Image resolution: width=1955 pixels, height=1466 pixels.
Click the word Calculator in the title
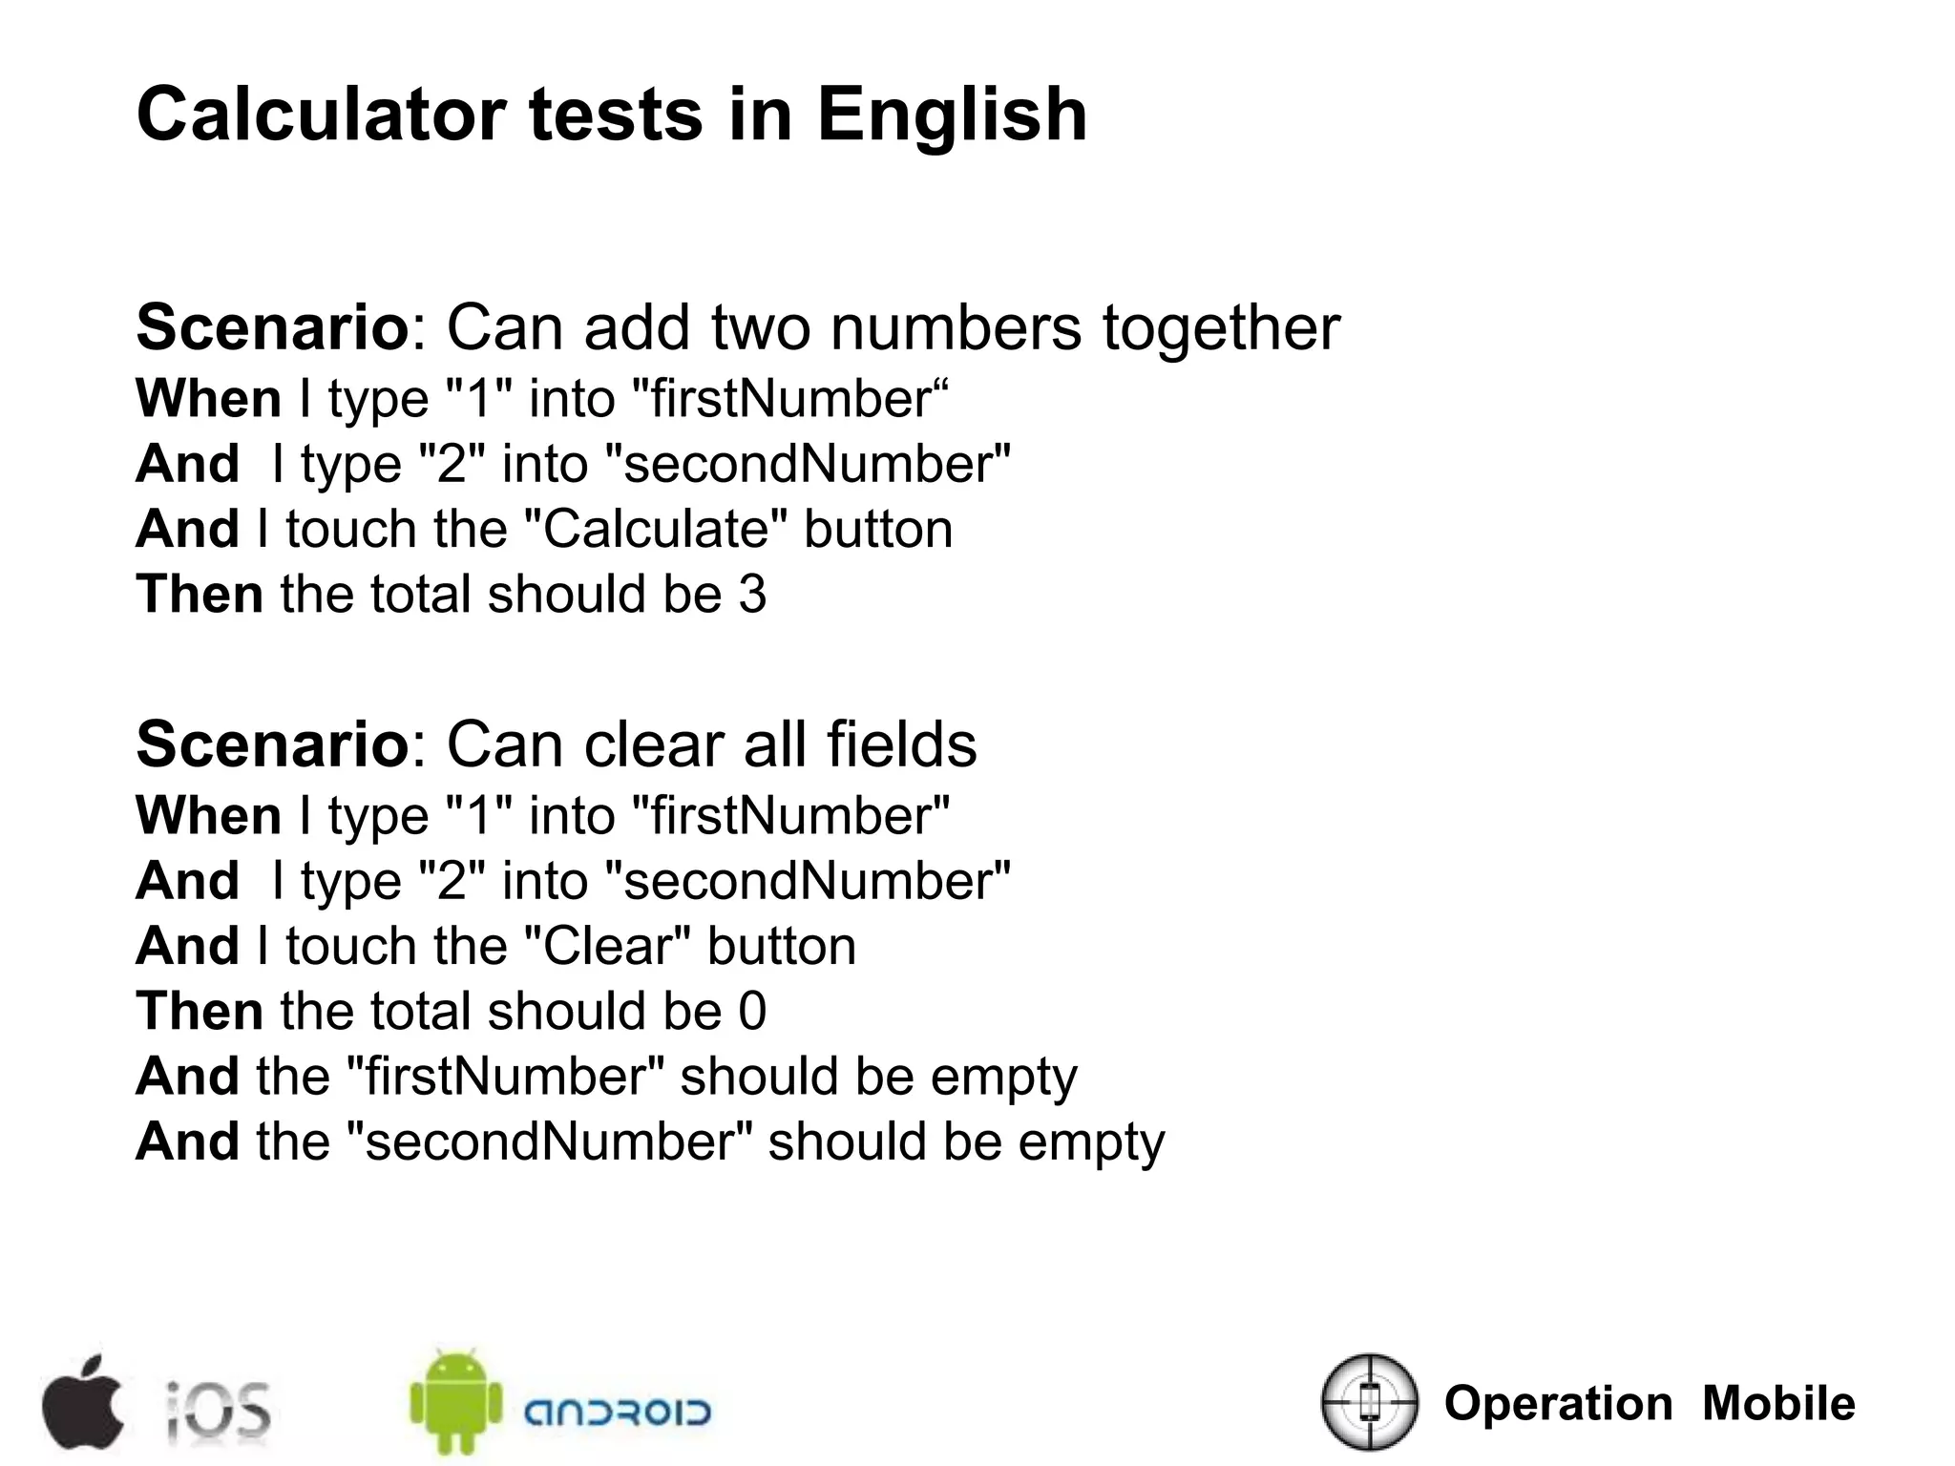coord(321,115)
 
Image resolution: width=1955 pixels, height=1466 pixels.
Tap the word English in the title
coord(952,116)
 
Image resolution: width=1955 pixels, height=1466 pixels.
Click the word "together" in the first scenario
coord(1221,328)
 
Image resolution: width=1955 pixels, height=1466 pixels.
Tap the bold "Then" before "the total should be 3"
coord(200,595)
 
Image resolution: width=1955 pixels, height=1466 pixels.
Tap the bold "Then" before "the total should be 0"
coord(200,1012)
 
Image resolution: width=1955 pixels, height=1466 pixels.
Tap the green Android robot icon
coord(455,1401)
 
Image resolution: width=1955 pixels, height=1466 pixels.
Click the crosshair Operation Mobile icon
coord(1370,1402)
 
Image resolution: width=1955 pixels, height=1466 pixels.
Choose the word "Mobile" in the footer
coord(1778,1404)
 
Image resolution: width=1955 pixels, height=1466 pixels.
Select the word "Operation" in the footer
coord(1558,1404)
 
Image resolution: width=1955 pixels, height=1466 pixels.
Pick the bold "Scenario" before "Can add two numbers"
coord(273,328)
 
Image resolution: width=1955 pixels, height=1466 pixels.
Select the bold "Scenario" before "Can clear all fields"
coord(273,745)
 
